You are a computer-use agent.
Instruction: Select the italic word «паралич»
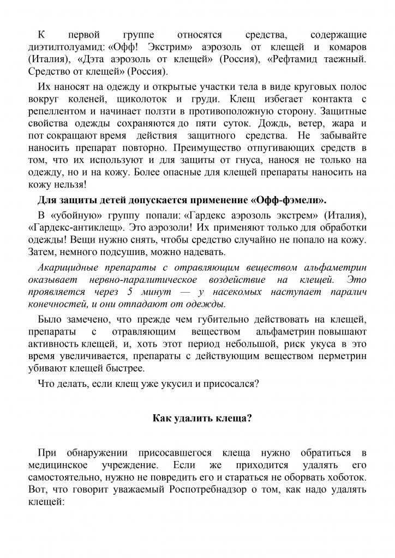click(346, 292)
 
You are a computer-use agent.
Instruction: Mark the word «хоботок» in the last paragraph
click(346, 477)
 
